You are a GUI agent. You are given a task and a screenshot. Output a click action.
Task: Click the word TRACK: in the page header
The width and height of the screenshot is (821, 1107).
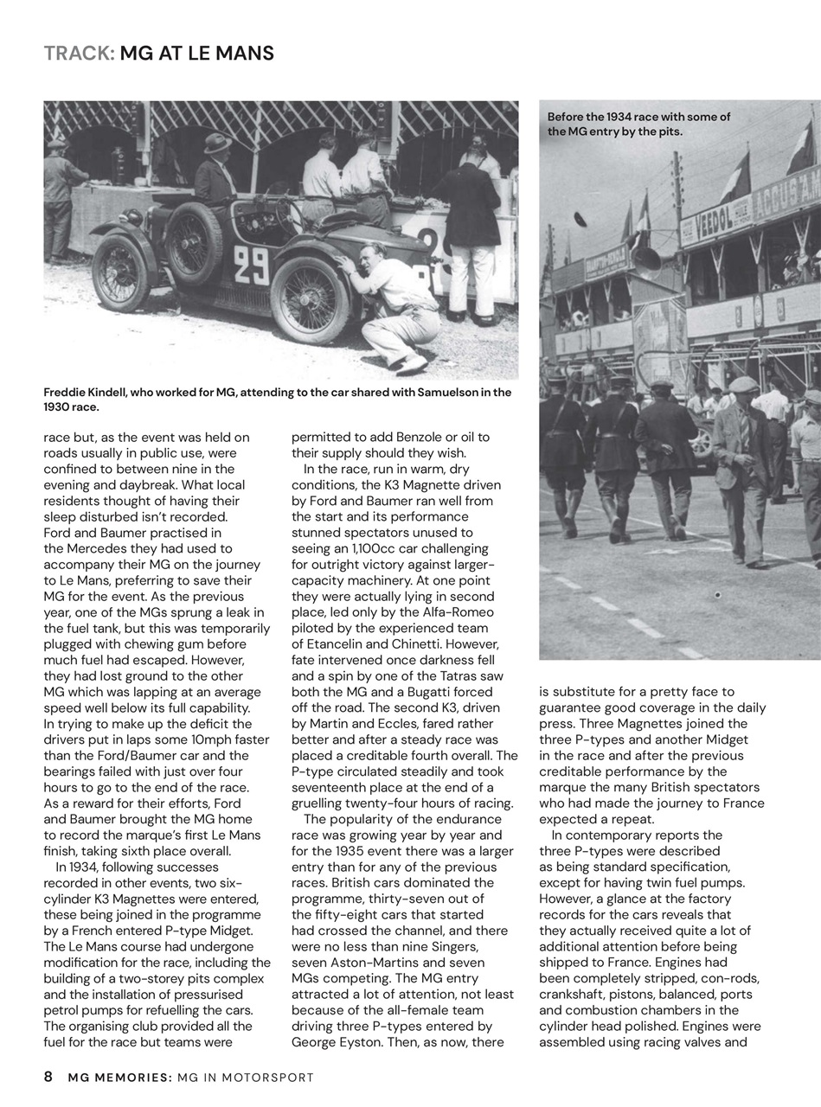coord(79,54)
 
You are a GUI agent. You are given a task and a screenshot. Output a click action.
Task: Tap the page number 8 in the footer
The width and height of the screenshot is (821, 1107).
coord(48,1078)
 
